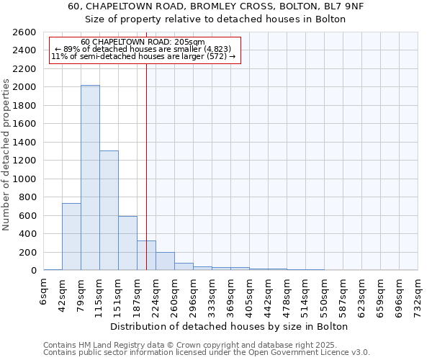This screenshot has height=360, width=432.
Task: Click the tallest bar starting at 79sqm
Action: (x=90, y=178)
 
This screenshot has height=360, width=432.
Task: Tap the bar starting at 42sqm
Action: (x=71, y=237)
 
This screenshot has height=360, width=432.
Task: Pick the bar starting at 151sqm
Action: (x=127, y=243)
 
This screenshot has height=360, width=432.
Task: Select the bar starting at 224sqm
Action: (x=165, y=261)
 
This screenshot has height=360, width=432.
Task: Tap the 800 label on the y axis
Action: (x=30, y=197)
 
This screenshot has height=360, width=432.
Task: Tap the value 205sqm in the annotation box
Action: (x=190, y=42)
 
